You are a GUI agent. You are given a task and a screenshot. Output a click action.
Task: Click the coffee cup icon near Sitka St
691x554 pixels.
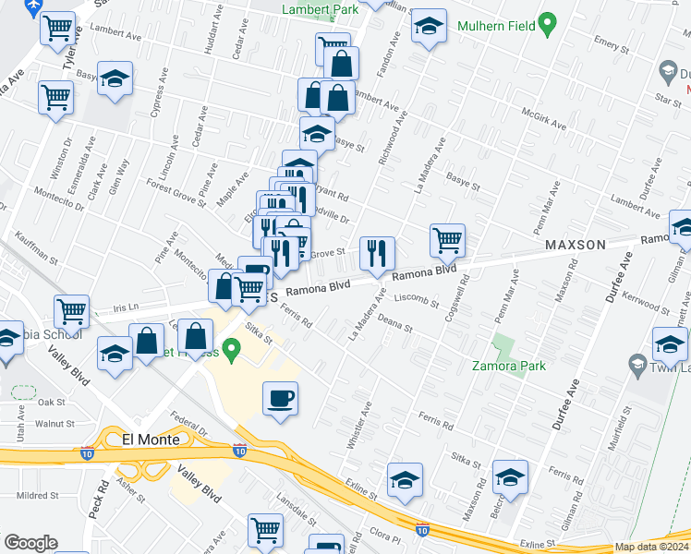(x=282, y=399)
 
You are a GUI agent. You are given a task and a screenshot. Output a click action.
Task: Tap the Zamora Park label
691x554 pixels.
(x=510, y=366)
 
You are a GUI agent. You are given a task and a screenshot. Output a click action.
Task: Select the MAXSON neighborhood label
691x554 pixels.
(x=574, y=245)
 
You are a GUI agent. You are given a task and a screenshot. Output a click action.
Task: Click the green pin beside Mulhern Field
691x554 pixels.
(x=547, y=25)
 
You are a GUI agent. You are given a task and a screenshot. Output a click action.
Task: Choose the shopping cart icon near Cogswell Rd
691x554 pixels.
(x=448, y=240)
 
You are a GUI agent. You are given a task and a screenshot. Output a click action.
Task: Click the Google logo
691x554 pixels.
(x=30, y=543)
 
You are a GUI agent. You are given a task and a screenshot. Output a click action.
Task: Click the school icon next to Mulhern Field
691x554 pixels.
(x=430, y=29)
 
